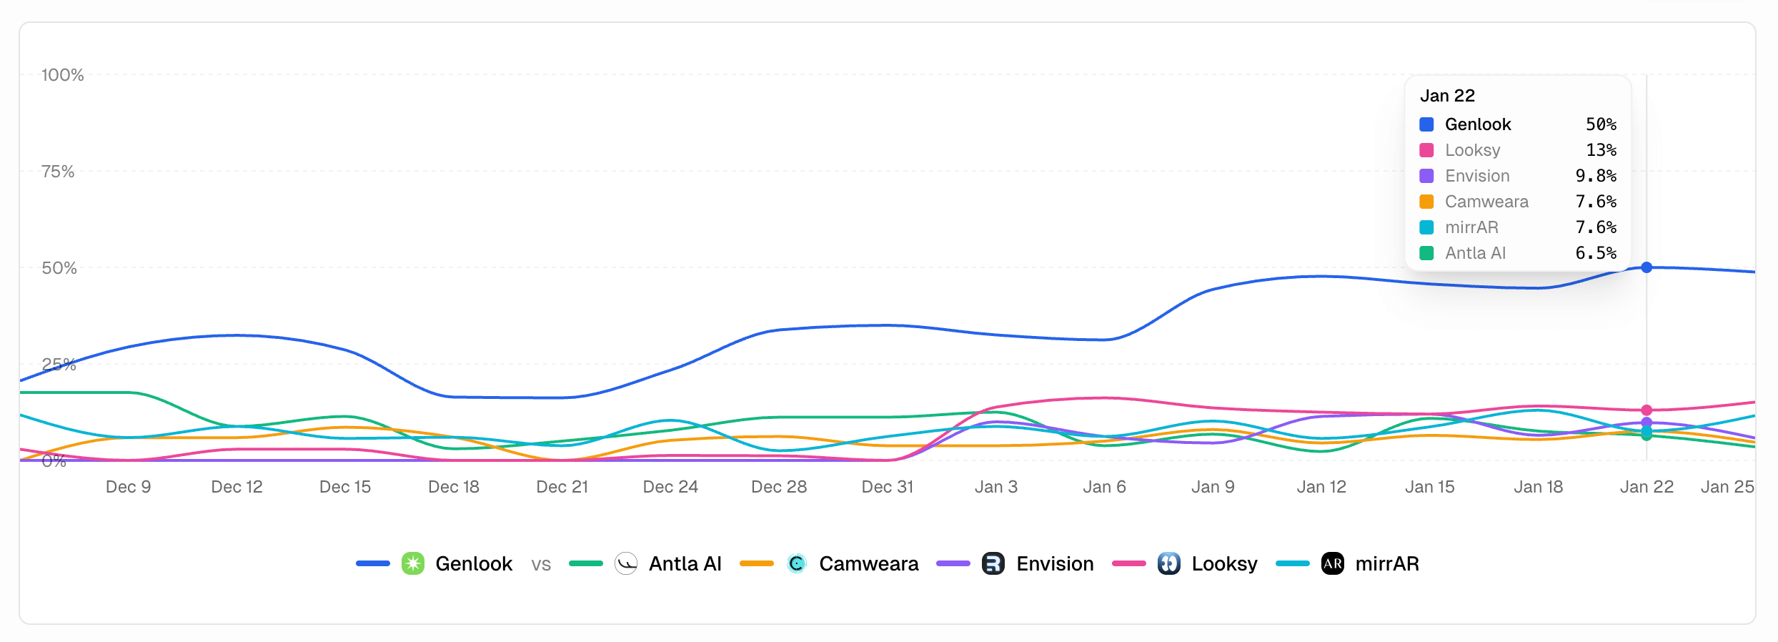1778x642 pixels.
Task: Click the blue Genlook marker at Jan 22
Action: tap(1647, 267)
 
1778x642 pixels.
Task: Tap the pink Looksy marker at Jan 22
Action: tap(1647, 410)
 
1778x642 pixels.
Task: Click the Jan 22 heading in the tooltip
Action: tap(1447, 96)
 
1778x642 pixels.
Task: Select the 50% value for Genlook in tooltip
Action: tap(1601, 124)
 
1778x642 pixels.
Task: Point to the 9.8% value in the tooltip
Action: tap(1596, 176)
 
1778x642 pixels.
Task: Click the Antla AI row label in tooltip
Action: tap(1475, 253)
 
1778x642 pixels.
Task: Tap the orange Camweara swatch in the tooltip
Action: tap(1426, 202)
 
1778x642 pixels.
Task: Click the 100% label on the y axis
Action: tap(62, 75)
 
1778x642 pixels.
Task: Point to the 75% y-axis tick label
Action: tap(58, 172)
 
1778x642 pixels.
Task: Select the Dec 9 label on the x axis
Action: tap(128, 487)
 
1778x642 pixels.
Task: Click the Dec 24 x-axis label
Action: tap(670, 487)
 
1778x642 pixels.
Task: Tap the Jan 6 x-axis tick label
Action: tap(1104, 487)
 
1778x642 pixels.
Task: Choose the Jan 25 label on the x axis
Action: tap(1727, 487)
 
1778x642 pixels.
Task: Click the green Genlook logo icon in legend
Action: tap(413, 563)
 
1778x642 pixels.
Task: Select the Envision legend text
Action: tap(1055, 563)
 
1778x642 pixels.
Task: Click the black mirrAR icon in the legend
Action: tap(1333, 563)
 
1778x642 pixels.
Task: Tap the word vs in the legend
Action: tap(541, 565)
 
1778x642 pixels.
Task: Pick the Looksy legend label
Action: tap(1224, 563)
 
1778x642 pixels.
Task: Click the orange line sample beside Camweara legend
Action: tap(757, 563)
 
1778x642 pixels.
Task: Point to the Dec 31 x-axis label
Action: tap(888, 487)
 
